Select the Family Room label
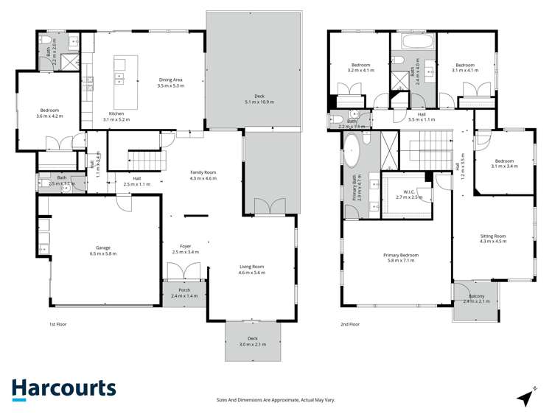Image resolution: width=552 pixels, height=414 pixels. click(202, 172)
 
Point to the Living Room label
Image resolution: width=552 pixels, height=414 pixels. click(251, 267)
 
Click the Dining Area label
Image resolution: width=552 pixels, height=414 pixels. click(170, 80)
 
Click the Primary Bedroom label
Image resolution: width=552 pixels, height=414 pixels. click(401, 255)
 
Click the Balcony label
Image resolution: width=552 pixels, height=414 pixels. click(475, 297)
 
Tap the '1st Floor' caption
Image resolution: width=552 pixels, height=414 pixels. click(57, 323)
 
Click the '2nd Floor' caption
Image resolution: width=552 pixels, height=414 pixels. click(349, 323)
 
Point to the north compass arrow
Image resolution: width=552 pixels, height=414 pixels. click(526, 396)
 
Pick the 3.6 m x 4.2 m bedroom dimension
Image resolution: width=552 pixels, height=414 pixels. click(49, 116)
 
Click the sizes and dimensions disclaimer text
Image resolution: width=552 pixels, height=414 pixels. click(276, 399)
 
